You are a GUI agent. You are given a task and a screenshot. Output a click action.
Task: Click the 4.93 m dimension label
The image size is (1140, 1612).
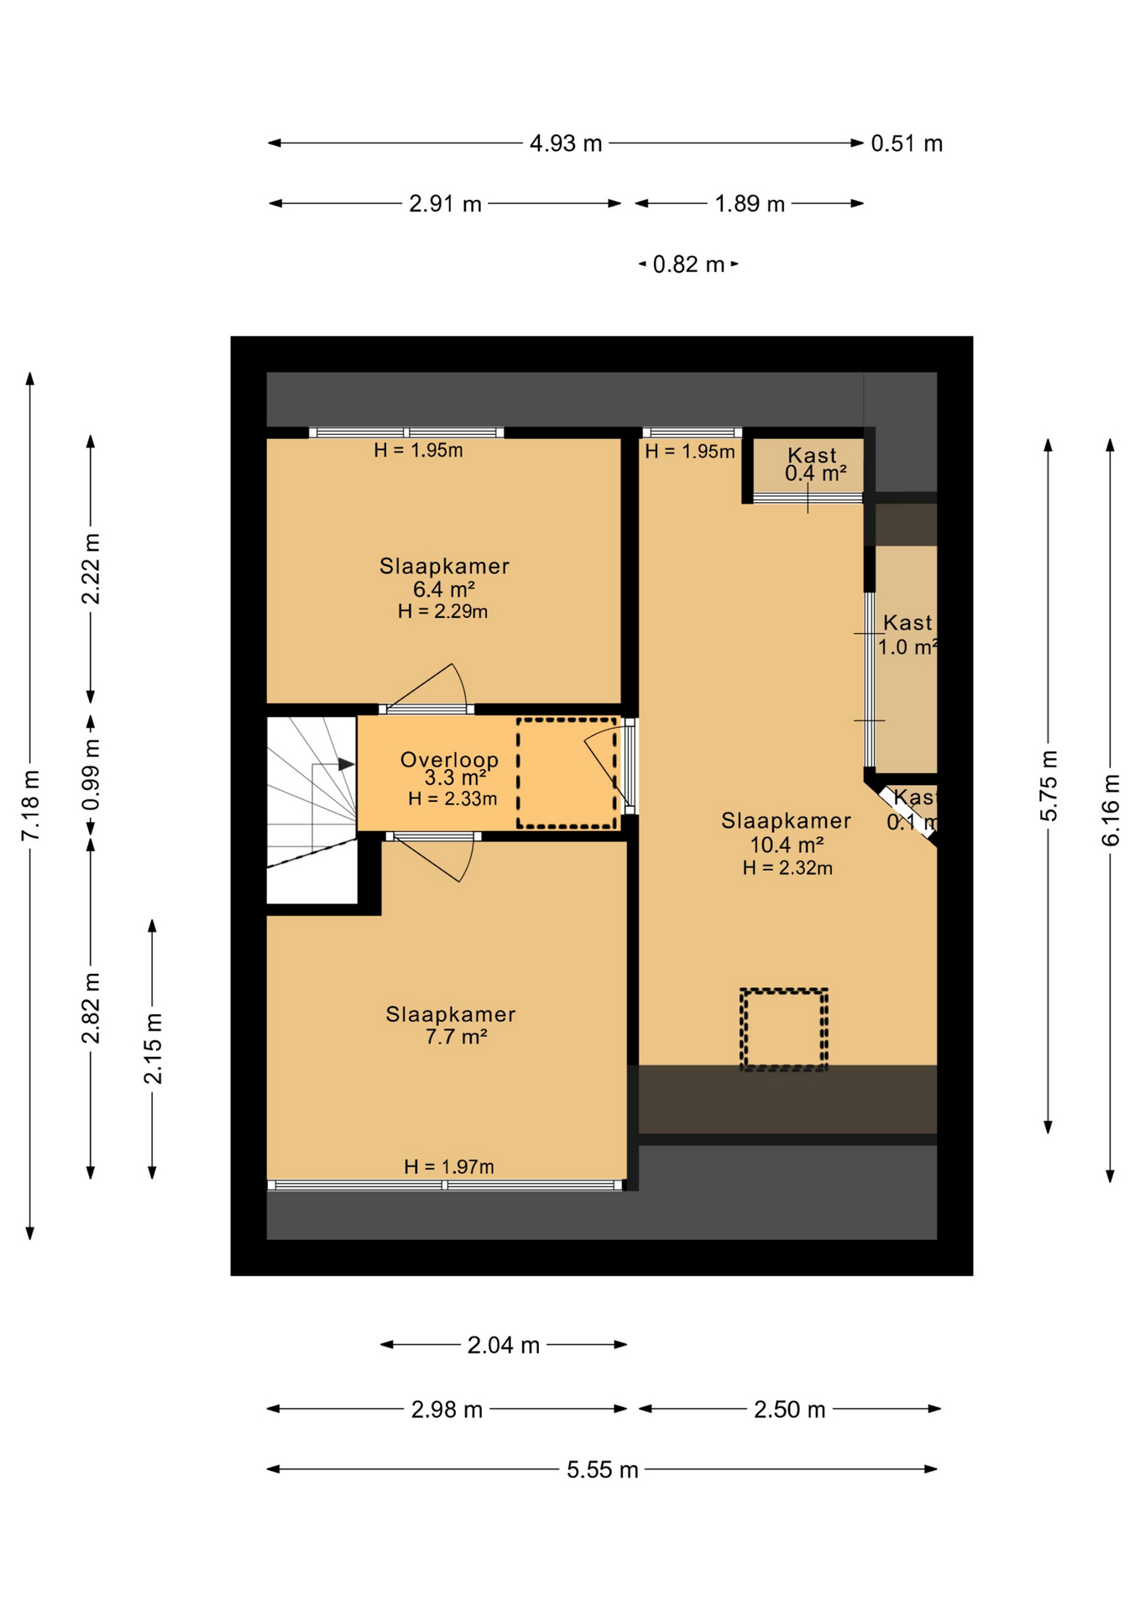point(565,144)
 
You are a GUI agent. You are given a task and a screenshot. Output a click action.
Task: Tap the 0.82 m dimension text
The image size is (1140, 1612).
point(688,264)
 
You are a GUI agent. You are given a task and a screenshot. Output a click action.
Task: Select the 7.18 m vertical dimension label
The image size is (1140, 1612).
point(30,804)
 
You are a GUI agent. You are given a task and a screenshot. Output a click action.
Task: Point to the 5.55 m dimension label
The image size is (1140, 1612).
point(602,1470)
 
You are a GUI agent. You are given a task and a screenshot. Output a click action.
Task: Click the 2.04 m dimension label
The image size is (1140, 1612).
point(503,1346)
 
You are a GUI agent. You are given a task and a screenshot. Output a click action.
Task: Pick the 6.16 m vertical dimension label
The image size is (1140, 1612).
point(1110,810)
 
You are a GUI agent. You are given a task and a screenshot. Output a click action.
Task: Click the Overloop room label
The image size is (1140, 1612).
point(449,760)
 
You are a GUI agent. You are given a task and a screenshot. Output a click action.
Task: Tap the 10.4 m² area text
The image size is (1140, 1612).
point(786,845)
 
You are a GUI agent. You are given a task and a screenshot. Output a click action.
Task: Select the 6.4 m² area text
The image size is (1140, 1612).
point(443,589)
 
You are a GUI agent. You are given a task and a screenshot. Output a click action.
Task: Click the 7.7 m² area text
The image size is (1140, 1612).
point(456,1037)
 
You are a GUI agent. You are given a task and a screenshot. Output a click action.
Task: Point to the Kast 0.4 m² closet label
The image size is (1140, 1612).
point(813,464)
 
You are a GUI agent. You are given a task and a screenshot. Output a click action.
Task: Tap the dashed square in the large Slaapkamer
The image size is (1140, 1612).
point(783,1029)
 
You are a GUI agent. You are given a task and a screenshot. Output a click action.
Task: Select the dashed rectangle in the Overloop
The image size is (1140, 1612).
point(567,772)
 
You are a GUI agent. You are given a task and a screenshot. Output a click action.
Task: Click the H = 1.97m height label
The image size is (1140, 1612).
point(448,1166)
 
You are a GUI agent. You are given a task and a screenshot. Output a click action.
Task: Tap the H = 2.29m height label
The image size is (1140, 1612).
point(442,611)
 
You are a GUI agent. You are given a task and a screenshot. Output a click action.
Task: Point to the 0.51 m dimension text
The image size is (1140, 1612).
point(906,144)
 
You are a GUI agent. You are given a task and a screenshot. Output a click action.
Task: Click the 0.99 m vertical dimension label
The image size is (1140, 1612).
point(92,775)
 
